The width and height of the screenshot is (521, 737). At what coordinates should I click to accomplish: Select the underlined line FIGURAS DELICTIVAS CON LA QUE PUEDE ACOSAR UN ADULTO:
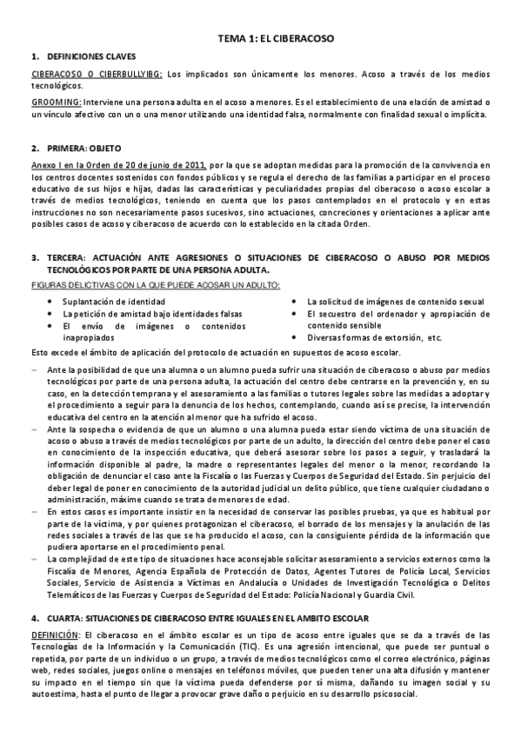155,286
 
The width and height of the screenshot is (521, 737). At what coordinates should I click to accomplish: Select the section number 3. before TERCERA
35,257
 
